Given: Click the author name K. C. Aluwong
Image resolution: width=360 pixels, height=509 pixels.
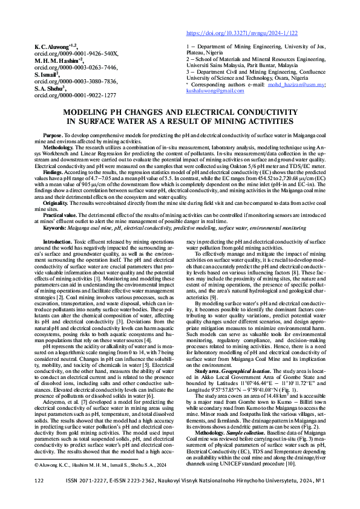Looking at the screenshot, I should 56,46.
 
